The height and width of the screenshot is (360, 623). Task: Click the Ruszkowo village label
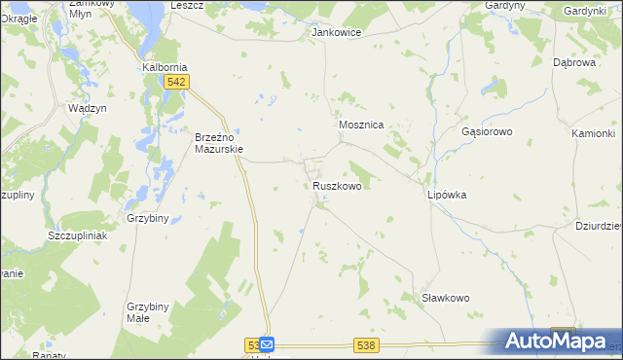(x=338, y=185)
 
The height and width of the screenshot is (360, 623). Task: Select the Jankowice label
(x=336, y=32)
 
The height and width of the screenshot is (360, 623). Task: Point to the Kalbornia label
(x=165, y=68)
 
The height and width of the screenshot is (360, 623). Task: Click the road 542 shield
(x=176, y=83)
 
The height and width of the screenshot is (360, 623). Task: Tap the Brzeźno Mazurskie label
(x=218, y=143)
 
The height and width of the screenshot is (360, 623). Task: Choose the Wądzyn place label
(x=87, y=108)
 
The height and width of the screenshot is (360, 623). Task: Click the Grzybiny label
(x=150, y=219)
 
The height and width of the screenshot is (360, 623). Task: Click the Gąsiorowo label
(x=487, y=130)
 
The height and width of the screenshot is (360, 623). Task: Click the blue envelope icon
(x=268, y=345)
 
